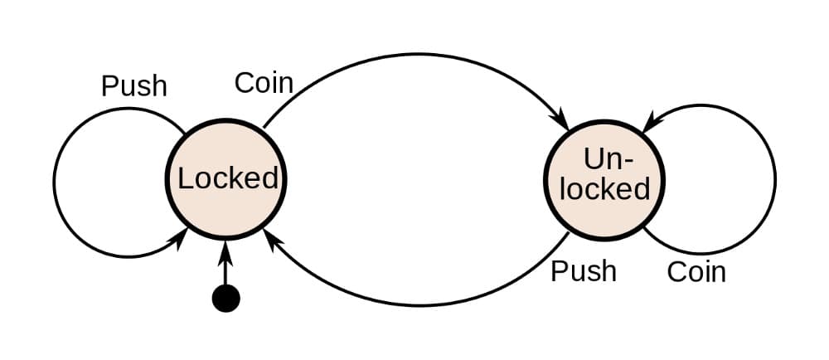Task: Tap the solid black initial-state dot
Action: (x=225, y=298)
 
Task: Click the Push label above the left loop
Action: (x=134, y=86)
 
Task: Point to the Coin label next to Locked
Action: (x=264, y=83)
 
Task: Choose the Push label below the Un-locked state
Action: (x=584, y=271)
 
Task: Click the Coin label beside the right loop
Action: (x=696, y=272)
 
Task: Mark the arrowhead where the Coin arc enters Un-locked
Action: (x=561, y=122)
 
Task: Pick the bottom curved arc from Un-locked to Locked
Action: (x=414, y=304)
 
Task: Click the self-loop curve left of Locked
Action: (x=55, y=181)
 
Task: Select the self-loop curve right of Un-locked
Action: (x=774, y=178)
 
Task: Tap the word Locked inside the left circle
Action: (x=228, y=178)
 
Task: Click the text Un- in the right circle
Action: (x=604, y=158)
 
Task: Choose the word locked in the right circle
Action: (x=604, y=189)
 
